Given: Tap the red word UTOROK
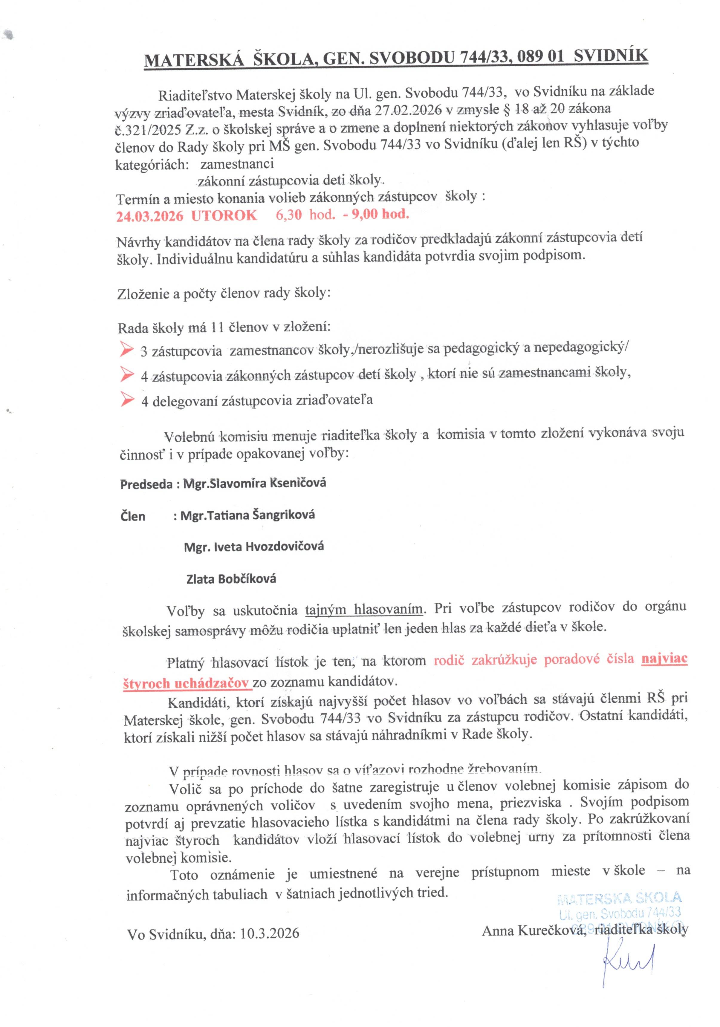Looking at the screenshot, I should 224,216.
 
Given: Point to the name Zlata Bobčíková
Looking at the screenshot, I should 231,579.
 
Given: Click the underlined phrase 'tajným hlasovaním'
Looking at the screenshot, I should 364,610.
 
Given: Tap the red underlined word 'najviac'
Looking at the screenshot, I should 664,659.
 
